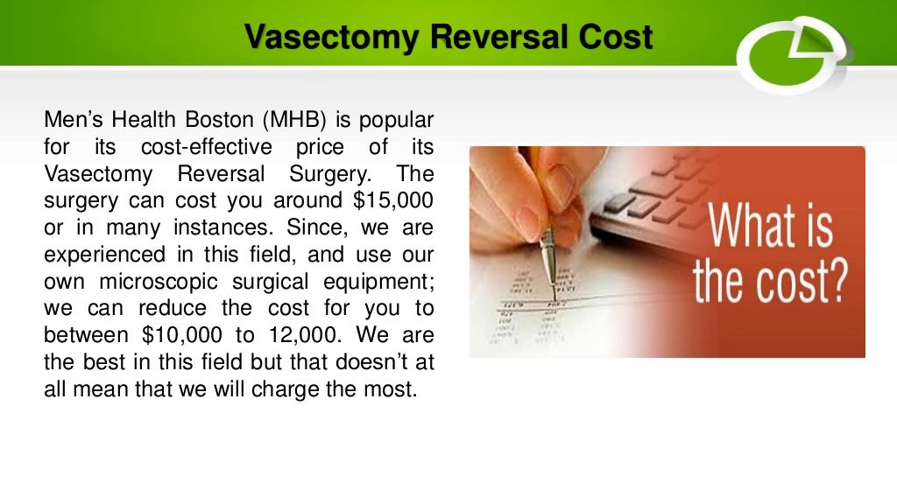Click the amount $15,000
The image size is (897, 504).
click(394, 199)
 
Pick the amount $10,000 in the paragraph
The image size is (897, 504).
click(176, 335)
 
